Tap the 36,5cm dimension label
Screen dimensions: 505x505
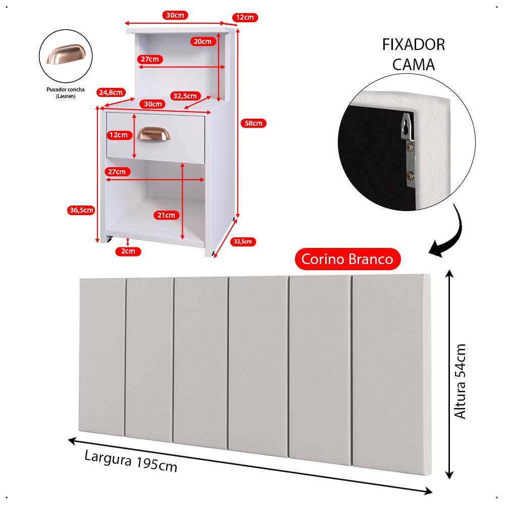click(x=81, y=211)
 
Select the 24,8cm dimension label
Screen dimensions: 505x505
click(x=111, y=92)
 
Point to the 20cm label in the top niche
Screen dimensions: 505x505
click(x=203, y=41)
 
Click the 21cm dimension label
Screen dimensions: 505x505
click(x=166, y=215)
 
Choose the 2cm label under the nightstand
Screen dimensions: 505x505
click(x=128, y=251)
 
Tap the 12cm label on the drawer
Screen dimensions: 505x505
click(x=118, y=135)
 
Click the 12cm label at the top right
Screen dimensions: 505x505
click(x=245, y=18)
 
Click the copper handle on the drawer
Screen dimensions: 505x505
click(x=154, y=134)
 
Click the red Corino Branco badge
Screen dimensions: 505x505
click(x=347, y=259)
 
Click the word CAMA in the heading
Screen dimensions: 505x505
click(x=413, y=65)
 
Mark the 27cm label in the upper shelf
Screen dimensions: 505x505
click(x=149, y=59)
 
